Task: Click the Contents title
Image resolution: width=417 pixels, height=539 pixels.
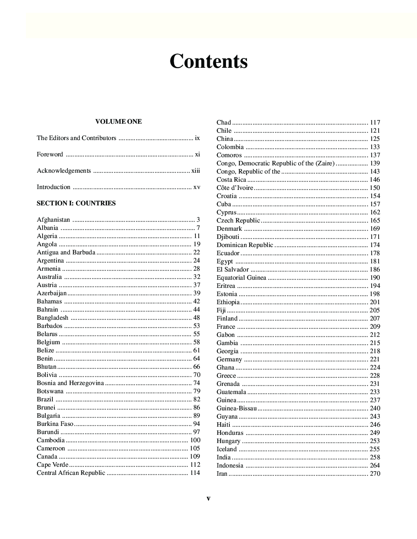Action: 208,61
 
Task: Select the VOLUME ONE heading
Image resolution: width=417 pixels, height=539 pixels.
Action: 119,122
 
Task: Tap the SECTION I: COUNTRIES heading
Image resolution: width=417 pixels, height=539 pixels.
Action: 76,203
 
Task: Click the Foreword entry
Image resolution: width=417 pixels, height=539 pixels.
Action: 50,154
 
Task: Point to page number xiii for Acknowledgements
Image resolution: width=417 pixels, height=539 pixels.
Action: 195,171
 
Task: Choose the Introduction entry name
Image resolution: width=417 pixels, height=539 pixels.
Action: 54,187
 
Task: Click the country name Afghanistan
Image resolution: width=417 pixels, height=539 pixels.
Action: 54,220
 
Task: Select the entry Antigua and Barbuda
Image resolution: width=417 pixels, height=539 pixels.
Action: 66,252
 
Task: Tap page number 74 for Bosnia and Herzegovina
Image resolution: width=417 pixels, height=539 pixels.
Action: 197,383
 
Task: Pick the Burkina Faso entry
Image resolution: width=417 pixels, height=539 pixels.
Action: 55,424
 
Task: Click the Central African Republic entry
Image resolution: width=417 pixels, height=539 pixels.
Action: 71,473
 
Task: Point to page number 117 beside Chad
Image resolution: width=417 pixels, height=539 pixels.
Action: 375,122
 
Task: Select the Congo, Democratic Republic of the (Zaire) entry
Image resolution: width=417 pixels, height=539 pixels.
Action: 276,163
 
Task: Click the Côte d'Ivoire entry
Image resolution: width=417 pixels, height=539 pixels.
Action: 235,188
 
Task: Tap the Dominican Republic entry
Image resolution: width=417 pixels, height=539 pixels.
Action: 245,245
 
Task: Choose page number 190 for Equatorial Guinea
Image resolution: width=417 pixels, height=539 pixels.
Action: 375,278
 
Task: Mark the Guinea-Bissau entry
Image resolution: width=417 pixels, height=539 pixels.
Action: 237,408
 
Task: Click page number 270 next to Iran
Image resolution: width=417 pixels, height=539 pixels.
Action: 375,474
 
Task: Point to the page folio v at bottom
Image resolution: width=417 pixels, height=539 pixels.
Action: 208,498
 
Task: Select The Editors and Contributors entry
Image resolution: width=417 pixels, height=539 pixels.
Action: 76,138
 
